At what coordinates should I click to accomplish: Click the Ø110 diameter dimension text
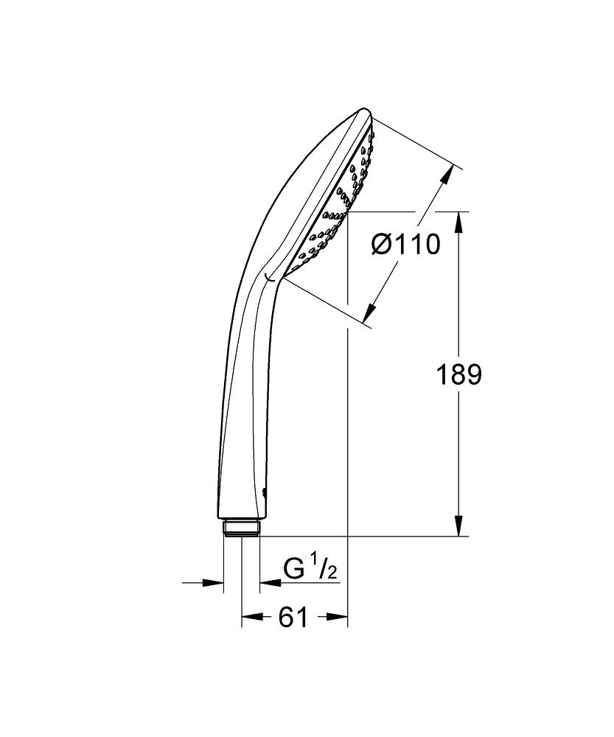405,244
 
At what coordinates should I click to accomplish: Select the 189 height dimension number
458,374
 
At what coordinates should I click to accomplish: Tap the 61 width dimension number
293,618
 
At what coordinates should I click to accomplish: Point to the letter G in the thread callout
294,570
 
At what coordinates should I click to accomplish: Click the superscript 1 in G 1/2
312,563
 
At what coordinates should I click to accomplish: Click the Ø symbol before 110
383,244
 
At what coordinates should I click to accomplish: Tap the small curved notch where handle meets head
269,278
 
